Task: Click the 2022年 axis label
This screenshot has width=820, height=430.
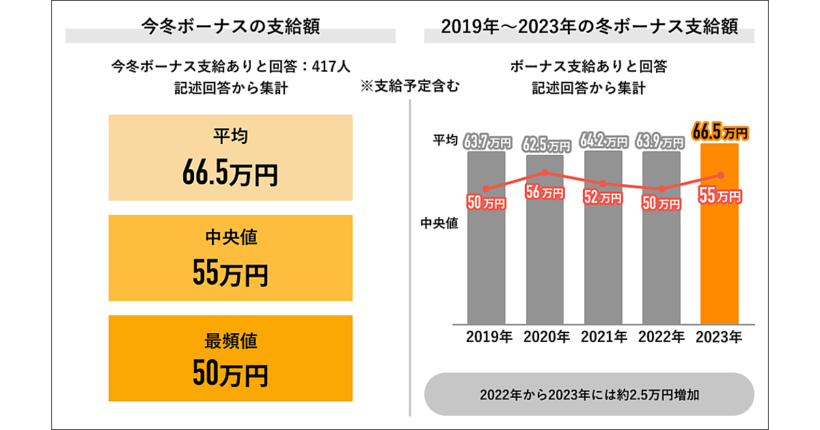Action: click(661, 336)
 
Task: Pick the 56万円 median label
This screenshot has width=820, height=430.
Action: click(544, 192)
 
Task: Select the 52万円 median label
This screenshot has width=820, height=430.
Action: click(602, 197)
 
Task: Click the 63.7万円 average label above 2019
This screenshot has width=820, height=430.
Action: click(487, 143)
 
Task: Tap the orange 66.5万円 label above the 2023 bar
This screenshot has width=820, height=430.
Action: click(720, 132)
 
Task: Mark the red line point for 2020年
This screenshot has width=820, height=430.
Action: click(545, 173)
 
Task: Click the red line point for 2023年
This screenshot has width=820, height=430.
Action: click(720, 175)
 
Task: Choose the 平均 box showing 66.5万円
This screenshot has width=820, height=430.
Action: click(230, 158)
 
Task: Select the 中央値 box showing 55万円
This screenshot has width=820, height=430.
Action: click(230, 258)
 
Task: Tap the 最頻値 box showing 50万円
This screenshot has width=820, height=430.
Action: click(230, 358)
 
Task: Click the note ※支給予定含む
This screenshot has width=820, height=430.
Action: click(410, 87)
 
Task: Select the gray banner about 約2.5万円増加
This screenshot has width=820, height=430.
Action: click(589, 395)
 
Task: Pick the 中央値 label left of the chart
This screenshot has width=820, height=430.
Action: click(439, 223)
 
